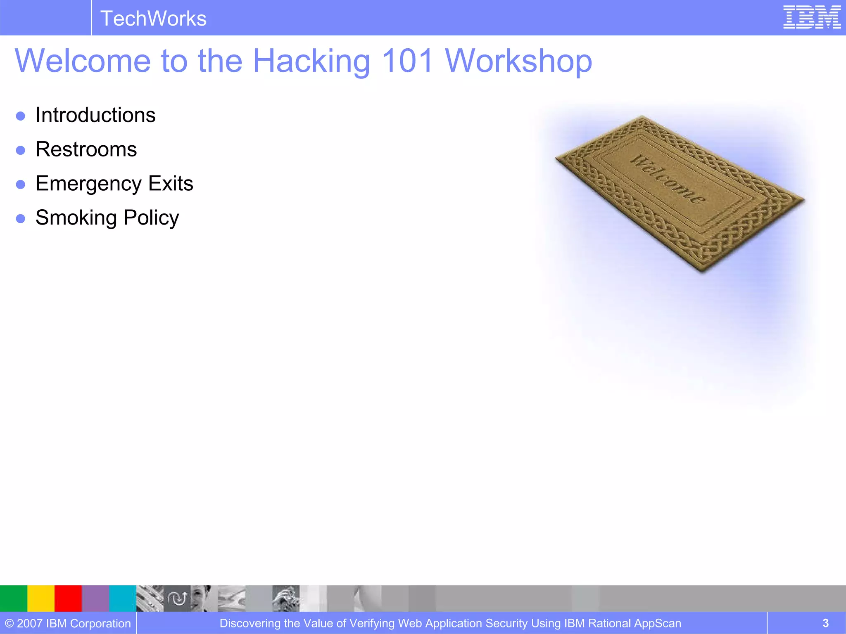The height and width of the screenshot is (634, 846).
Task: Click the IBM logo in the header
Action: (x=812, y=17)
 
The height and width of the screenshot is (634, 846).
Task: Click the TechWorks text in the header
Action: (x=153, y=19)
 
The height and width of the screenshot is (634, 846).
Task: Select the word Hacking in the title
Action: (x=311, y=61)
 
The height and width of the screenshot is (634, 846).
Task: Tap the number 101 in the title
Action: (x=407, y=61)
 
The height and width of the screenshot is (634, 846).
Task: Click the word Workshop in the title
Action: (x=518, y=61)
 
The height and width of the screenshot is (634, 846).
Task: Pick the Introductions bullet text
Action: (x=95, y=115)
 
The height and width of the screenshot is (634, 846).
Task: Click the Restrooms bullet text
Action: (x=86, y=149)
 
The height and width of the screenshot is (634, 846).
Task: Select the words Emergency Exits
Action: (x=114, y=183)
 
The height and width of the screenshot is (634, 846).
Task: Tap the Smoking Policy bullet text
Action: (x=107, y=218)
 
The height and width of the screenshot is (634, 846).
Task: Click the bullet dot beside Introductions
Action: (x=21, y=116)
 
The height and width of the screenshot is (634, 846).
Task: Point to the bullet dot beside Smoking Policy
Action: (x=21, y=218)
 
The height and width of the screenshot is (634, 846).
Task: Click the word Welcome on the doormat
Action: (x=668, y=179)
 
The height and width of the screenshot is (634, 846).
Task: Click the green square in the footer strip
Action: (x=13, y=598)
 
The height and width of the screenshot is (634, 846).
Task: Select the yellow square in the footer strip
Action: (x=41, y=598)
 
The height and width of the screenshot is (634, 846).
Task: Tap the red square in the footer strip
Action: (x=68, y=598)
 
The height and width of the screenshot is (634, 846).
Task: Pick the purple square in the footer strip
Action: (x=95, y=598)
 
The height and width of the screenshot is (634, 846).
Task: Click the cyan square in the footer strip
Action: (x=123, y=598)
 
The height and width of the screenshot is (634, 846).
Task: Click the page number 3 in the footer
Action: (x=825, y=623)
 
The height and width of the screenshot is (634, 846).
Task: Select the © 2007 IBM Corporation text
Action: (x=68, y=623)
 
